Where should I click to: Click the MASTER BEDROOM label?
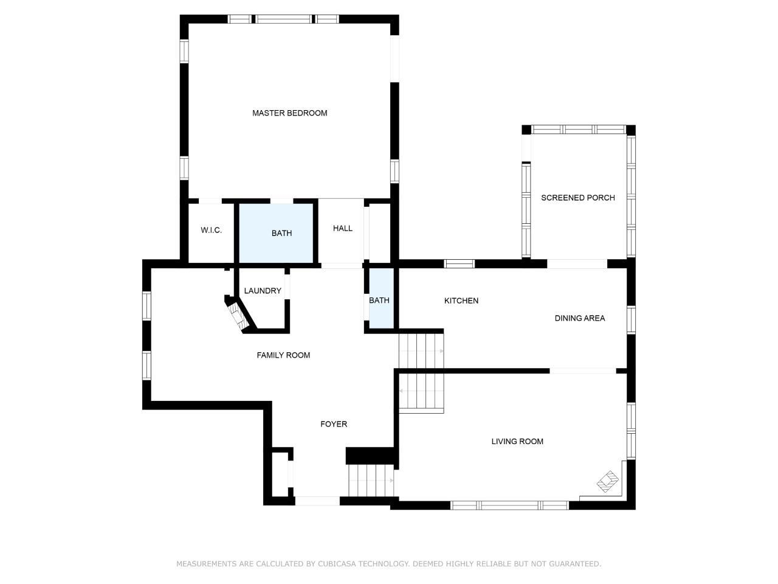289,113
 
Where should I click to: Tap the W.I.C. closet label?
212,230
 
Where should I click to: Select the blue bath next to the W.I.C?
276,234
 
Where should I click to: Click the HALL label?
343,228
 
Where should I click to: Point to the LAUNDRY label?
263,291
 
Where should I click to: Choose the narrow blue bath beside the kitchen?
381,298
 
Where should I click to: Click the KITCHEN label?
461,301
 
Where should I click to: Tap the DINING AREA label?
579,318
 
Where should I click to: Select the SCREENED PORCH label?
578,198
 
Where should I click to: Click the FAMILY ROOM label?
283,355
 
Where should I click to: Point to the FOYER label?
334,424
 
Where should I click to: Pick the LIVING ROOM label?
517,442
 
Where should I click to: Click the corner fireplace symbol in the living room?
608,482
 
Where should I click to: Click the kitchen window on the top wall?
459,263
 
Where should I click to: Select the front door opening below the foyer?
317,501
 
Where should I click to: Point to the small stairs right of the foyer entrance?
371,481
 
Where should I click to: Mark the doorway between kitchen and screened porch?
577,263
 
